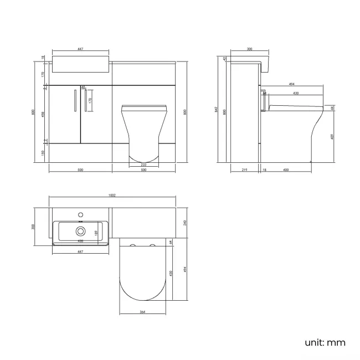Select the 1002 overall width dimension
112,195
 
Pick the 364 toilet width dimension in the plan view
143,312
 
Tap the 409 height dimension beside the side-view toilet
331,136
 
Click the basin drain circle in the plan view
81,231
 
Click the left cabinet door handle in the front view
74,100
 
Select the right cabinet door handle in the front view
86,100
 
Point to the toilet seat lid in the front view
143,107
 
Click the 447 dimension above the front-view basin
80,49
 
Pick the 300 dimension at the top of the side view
249,49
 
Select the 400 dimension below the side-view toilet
286,171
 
